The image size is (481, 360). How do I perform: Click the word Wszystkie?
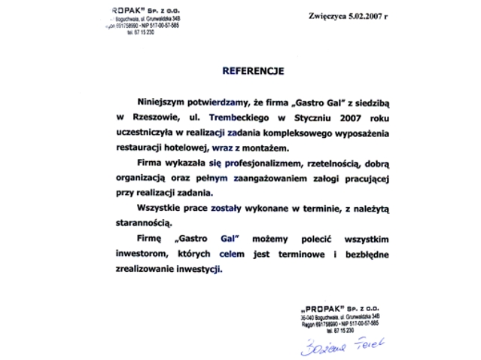click(160, 209)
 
